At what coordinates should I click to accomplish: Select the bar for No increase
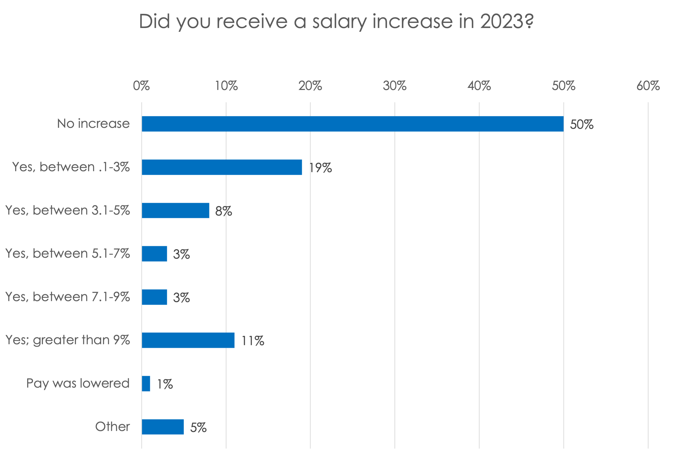coord(352,124)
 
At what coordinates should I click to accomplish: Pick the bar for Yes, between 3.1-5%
coord(176,211)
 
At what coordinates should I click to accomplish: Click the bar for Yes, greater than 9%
coord(188,340)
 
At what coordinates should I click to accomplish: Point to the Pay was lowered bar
coord(146,384)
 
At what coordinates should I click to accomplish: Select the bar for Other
coord(163,427)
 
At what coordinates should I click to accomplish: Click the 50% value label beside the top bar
coord(582,125)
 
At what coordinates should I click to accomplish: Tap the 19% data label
coord(320,168)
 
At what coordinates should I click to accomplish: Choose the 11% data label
coord(253,341)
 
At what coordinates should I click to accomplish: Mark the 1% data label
coord(165,384)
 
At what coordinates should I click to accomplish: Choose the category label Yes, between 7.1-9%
coord(68,297)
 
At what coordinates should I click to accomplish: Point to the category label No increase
coord(93,124)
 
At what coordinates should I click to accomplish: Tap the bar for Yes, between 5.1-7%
coord(154,254)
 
